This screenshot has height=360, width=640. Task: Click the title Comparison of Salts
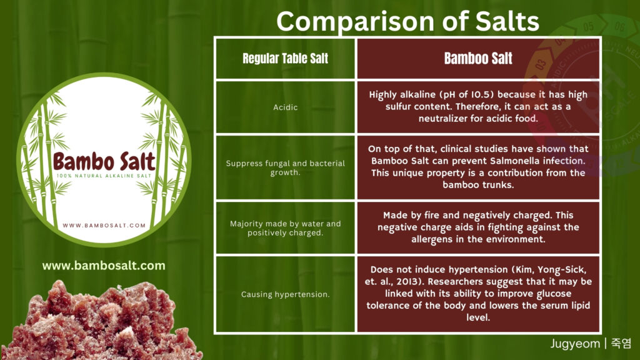[x=407, y=21]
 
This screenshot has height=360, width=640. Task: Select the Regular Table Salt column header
[x=285, y=58]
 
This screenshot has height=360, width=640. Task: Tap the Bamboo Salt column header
[x=478, y=58]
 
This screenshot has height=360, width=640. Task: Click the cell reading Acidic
[x=285, y=107]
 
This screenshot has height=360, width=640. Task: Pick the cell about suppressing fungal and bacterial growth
[x=285, y=167]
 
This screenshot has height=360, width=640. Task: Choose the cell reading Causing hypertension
[x=285, y=294]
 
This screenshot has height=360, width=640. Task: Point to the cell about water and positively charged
[x=285, y=228]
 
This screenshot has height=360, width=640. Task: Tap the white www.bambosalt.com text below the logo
[x=104, y=266]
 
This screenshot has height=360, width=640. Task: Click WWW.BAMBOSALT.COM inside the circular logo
[x=104, y=225]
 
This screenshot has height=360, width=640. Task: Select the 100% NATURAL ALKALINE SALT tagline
[x=104, y=176]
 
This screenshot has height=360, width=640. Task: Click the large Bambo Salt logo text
[x=104, y=161]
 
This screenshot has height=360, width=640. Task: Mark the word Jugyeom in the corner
[x=575, y=344]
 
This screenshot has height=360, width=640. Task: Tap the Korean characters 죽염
[x=621, y=343]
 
